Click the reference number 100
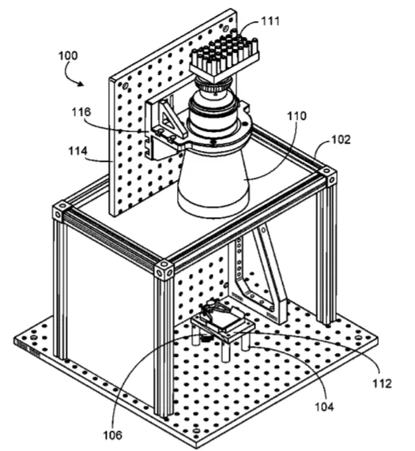point(68,55)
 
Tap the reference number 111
point(270,21)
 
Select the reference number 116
point(81,112)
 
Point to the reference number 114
point(77,151)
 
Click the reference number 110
point(297,116)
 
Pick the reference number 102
point(341,140)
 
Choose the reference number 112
point(382,383)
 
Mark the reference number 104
point(324,407)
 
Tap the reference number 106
point(113,435)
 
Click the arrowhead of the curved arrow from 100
point(81,84)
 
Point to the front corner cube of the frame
point(164,269)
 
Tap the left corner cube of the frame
point(61,212)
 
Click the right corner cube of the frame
point(327,176)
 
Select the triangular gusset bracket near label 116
point(172,118)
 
